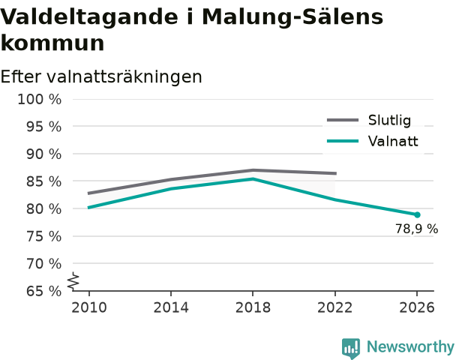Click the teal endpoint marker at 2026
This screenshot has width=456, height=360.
pyautogui.click(x=417, y=215)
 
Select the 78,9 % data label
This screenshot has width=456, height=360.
pyautogui.click(x=416, y=229)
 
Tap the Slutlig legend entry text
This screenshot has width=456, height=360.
pyautogui.click(x=389, y=120)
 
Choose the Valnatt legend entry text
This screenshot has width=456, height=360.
pyautogui.click(x=393, y=141)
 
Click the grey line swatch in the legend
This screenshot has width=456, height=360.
pyautogui.click(x=343, y=120)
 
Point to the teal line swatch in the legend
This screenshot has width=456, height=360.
pyautogui.click(x=343, y=141)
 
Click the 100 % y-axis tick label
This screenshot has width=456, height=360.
pyautogui.click(x=40, y=100)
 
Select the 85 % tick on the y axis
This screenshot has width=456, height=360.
pyautogui.click(x=44, y=181)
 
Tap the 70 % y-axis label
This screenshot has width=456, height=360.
pyautogui.click(x=44, y=264)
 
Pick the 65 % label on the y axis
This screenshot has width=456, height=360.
pyautogui.click(x=44, y=291)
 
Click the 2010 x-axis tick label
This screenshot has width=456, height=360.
pyautogui.click(x=89, y=307)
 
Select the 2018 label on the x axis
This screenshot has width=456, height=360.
pyautogui.click(x=253, y=307)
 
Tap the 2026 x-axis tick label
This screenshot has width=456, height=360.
pyautogui.click(x=417, y=307)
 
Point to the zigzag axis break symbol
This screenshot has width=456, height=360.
pyautogui.click(x=73, y=281)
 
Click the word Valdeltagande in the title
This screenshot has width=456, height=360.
pyautogui.click(x=89, y=16)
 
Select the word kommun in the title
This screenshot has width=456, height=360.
pyautogui.click(x=52, y=43)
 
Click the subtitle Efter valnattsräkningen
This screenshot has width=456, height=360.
pyautogui.click(x=101, y=76)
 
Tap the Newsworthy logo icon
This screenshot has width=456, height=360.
pyautogui.click(x=351, y=348)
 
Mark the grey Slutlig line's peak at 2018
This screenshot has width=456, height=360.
pyautogui.click(x=253, y=170)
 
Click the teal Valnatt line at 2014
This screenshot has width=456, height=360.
pyautogui.click(x=171, y=189)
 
